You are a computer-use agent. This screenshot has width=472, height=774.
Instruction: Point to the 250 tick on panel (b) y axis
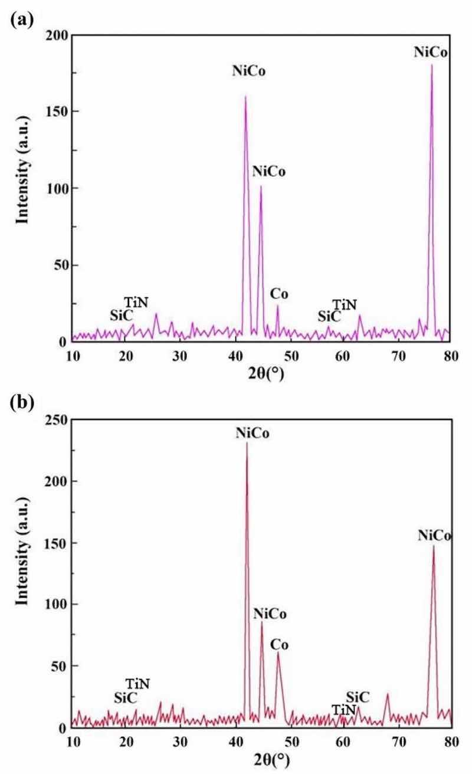(x=57, y=419)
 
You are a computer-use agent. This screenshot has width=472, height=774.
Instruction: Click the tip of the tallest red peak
(x=247, y=442)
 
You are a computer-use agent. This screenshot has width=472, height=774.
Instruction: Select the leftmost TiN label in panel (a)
(x=136, y=303)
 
